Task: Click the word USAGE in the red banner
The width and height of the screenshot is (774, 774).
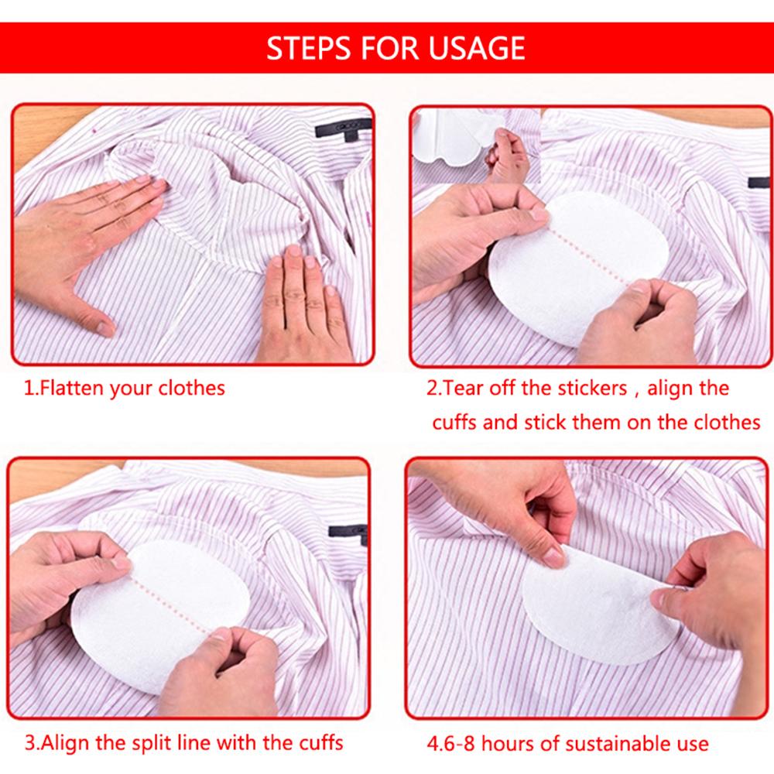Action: [476, 48]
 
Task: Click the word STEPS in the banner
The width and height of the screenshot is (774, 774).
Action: [309, 48]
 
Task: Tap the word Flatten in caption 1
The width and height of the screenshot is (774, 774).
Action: [72, 388]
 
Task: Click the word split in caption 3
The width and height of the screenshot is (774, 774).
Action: [155, 743]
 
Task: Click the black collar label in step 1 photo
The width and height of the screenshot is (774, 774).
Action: [344, 128]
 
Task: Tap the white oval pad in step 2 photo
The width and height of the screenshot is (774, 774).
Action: [577, 266]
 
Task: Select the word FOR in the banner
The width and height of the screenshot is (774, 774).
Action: [390, 48]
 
